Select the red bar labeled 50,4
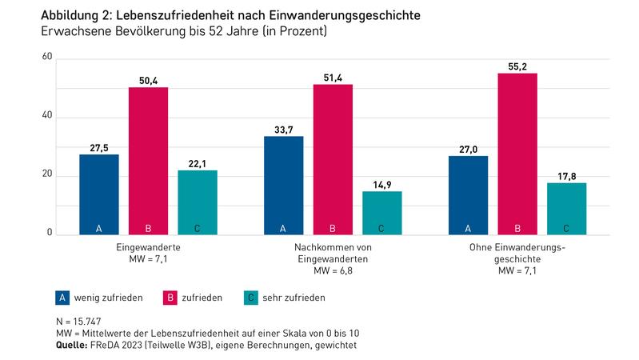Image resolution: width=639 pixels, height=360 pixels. tap(148, 161)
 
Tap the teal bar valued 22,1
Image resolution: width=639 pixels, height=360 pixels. tap(197, 202)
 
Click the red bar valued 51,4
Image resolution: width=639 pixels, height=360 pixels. tap(333, 159)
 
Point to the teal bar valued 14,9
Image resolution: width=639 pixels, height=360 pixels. tap(381, 213)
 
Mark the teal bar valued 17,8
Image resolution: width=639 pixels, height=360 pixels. tap(566, 209)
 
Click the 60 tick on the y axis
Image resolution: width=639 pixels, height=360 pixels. tap(47, 58)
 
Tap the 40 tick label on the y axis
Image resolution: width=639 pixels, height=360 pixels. tap(47, 116)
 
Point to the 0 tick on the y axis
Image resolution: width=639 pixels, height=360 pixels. tap(50, 234)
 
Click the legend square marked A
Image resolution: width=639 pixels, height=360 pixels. tap(61, 298)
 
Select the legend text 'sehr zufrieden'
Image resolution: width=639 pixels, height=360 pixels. tap(294, 298)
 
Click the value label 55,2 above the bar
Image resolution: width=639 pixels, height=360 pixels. tap(517, 64)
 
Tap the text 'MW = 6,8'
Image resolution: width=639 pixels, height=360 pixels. tap(333, 270)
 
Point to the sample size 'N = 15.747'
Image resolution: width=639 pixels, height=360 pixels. tap(72, 322)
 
